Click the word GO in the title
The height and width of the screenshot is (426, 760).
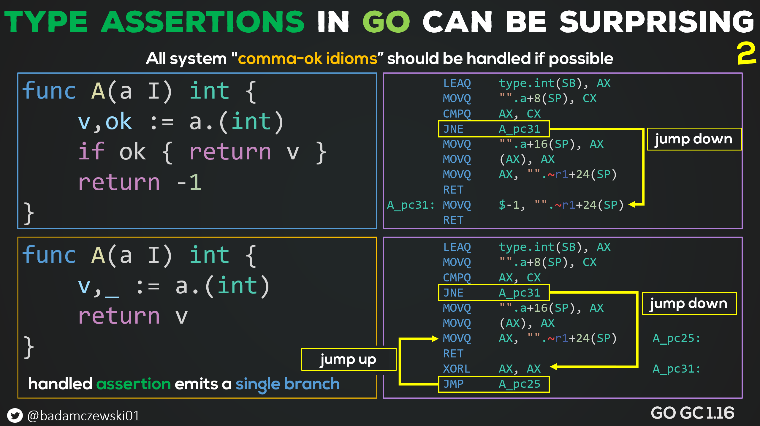point(386,21)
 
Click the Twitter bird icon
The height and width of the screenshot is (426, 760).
point(15,415)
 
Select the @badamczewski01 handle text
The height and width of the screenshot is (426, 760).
point(83,416)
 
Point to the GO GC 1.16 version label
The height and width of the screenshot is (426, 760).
point(692,413)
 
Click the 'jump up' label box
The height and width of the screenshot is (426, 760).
point(349,359)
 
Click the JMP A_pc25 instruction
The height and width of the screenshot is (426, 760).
point(494,384)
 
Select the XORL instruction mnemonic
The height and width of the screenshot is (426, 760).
point(457,369)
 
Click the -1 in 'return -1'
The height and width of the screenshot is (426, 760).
point(189,182)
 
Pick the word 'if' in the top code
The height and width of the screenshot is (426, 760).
point(91,151)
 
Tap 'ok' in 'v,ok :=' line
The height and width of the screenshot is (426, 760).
point(119,121)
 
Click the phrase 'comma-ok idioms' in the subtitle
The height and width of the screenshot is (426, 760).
point(308,58)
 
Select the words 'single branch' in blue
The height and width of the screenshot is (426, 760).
point(287,384)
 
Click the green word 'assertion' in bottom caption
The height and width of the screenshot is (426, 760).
point(134,384)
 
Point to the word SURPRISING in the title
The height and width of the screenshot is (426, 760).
point(656,21)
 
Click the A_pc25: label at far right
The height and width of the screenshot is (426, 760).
point(676,338)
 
